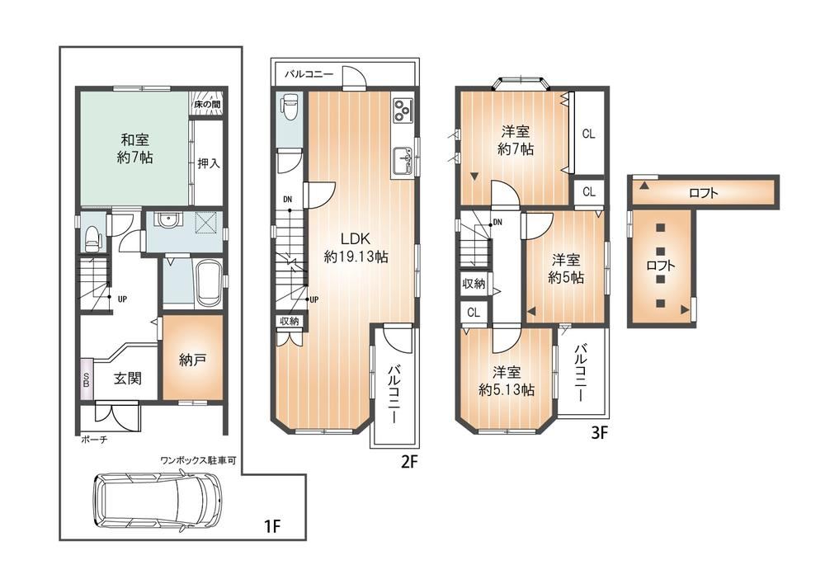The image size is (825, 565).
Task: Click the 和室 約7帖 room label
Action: point(135,148)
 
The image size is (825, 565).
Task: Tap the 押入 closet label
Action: point(209,163)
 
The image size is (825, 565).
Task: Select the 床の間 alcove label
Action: point(207,105)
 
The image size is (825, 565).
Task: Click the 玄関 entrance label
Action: point(128,378)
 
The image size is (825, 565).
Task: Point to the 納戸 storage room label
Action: point(192,360)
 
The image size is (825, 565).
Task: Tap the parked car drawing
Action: point(158,501)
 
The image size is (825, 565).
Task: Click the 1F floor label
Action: point(271,526)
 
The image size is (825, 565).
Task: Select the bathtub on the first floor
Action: point(209,284)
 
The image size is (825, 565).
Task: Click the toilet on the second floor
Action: point(290,109)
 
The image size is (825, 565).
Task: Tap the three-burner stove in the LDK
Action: point(403,110)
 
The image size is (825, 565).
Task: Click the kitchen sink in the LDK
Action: point(403,160)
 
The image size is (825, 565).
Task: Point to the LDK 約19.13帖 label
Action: point(356,247)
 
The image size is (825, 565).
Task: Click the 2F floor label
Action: point(409,462)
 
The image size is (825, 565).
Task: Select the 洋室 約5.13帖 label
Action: point(507,381)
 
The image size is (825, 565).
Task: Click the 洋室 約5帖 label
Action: point(566,268)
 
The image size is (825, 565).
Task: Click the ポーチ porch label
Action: point(94,440)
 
